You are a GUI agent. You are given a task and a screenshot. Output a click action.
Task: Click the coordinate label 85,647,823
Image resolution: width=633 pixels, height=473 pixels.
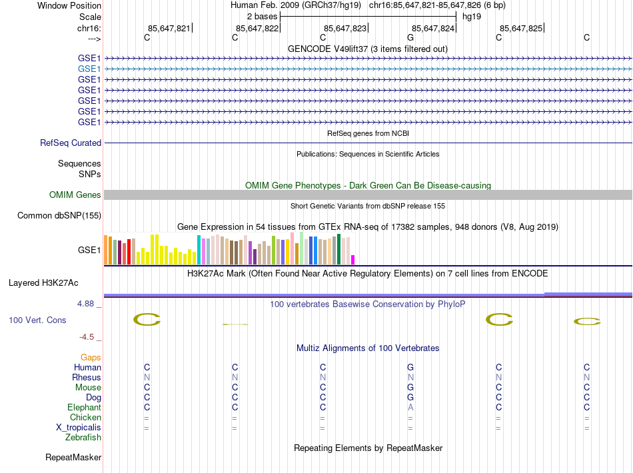pyautogui.click(x=345, y=28)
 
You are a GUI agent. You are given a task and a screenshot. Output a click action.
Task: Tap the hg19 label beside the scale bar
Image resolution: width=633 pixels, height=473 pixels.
pyautogui.click(x=472, y=16)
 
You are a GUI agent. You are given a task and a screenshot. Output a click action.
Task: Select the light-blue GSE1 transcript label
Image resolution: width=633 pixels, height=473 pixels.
pyautogui.click(x=89, y=69)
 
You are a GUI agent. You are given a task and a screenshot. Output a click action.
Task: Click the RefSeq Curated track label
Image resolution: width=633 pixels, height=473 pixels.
pyautogui.click(x=71, y=143)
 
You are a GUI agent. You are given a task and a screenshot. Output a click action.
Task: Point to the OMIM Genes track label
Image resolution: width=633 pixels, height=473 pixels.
pyautogui.click(x=75, y=195)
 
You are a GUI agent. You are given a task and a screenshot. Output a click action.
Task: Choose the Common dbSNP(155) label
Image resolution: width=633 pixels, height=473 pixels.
pyautogui.click(x=59, y=216)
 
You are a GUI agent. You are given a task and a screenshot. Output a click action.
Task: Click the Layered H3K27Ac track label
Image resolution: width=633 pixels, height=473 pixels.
pyautogui.click(x=55, y=282)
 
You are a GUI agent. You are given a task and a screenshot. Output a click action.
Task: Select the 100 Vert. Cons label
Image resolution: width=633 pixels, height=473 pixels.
pyautogui.click(x=37, y=320)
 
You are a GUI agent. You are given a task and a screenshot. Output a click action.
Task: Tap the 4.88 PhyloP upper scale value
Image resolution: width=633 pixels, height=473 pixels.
pyautogui.click(x=89, y=304)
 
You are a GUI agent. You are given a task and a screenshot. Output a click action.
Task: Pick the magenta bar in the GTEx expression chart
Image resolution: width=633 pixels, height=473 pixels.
pyautogui.click(x=353, y=260)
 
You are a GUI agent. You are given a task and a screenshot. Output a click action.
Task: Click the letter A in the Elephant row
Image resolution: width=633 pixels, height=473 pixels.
pyautogui.click(x=410, y=408)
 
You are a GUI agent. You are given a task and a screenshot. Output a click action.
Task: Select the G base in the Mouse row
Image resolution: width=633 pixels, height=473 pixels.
pyautogui.click(x=410, y=388)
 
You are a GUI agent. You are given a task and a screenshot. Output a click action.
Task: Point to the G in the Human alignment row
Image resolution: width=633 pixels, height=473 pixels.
pyautogui.click(x=410, y=368)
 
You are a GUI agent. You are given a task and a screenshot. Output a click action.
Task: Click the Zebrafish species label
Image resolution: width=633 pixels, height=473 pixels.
pyautogui.click(x=83, y=438)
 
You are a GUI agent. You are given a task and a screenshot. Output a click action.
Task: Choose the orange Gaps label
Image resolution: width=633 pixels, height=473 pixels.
pyautogui.click(x=91, y=358)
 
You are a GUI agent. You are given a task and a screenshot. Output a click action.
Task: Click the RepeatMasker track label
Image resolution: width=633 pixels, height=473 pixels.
pyautogui.click(x=73, y=458)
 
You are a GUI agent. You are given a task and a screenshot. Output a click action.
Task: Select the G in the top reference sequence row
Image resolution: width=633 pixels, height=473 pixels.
pyautogui.click(x=410, y=38)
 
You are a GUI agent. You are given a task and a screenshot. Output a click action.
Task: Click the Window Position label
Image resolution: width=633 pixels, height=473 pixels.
pyautogui.click(x=69, y=5)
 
